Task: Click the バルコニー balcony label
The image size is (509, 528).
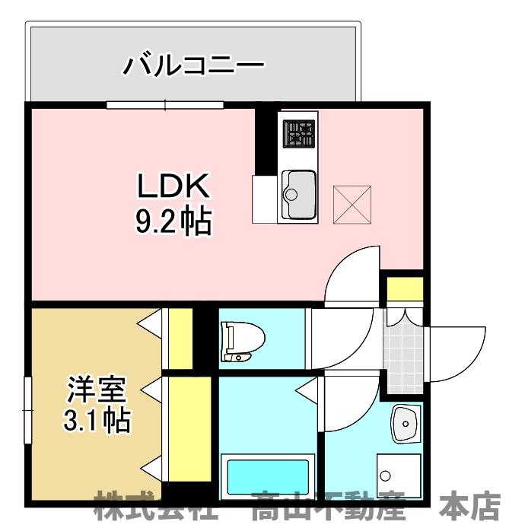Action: coord(193,64)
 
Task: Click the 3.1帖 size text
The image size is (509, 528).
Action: coord(95,420)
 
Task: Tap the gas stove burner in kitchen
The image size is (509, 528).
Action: coord(298,134)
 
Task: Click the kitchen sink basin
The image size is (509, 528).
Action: coord(298,186)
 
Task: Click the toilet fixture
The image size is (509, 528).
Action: coord(240,339)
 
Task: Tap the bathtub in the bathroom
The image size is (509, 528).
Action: coord(266,477)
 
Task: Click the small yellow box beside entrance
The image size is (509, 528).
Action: coord(405,290)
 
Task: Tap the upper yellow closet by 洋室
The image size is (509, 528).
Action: coord(180,338)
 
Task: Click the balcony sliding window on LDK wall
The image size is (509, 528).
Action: coord(164,104)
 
